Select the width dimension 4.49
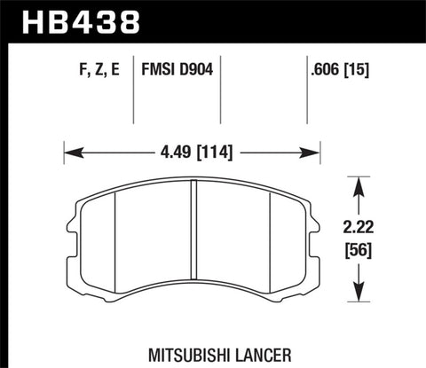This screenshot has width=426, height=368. (x=166, y=152)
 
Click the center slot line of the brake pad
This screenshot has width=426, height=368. (x=193, y=239)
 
